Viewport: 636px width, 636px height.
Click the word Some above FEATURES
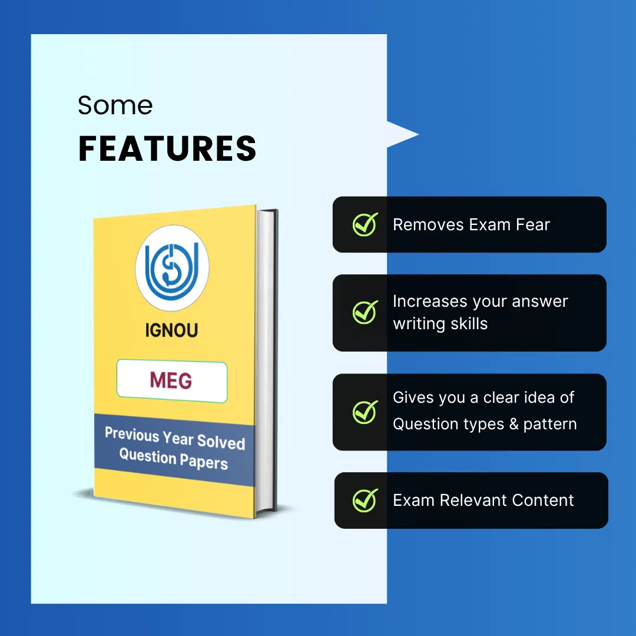click(115, 105)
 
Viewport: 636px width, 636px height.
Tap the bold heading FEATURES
click(167, 148)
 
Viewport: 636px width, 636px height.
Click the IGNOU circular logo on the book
click(172, 268)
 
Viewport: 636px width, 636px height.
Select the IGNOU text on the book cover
click(171, 330)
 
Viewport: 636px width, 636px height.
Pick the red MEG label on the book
click(171, 380)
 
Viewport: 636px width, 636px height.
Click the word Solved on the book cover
click(221, 442)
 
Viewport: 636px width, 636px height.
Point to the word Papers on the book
click(204, 462)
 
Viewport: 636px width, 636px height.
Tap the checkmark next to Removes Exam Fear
click(365, 224)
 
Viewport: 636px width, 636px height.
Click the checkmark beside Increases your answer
click(365, 312)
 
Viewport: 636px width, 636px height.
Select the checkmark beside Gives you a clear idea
click(365, 412)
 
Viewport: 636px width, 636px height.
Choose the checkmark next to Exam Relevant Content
click(365, 500)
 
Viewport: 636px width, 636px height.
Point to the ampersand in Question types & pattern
click(514, 424)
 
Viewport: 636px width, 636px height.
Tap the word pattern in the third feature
click(550, 424)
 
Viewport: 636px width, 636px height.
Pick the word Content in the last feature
click(543, 500)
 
